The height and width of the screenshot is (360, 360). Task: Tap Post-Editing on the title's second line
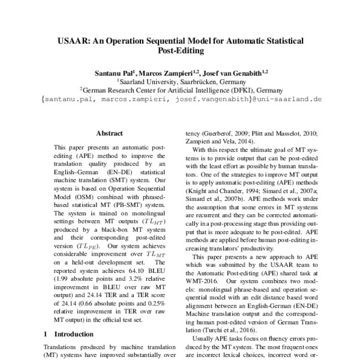pyautogui.click(x=180, y=52)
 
